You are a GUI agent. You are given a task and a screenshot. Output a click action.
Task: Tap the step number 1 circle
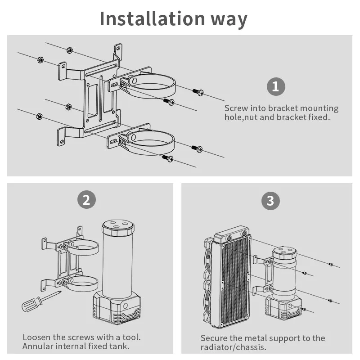tap(276, 86)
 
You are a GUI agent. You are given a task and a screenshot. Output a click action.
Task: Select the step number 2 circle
tap(86, 199)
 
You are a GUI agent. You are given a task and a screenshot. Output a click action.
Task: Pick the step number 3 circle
tap(270, 200)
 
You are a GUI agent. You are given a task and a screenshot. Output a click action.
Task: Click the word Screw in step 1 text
tap(236, 108)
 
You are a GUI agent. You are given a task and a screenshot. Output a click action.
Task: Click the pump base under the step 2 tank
tap(116, 307)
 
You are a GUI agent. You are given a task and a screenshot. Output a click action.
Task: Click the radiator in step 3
tap(232, 279)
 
